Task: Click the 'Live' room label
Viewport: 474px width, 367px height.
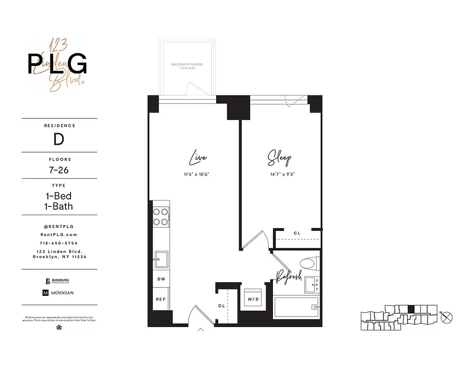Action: [198, 158]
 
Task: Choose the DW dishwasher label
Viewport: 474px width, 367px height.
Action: [161, 278]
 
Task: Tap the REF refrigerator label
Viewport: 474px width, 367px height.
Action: [161, 299]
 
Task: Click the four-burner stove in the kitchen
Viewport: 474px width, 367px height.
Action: [161, 217]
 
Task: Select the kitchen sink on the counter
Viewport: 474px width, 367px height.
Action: [161, 259]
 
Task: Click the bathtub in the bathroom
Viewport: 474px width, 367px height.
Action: [296, 307]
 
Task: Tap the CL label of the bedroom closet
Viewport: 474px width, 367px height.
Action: [297, 234]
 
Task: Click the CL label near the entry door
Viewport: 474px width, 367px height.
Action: [222, 306]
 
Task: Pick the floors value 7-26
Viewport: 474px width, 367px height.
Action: [60, 170]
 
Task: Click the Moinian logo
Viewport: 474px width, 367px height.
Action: [58, 293]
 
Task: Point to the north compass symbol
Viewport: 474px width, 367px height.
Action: [447, 316]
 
